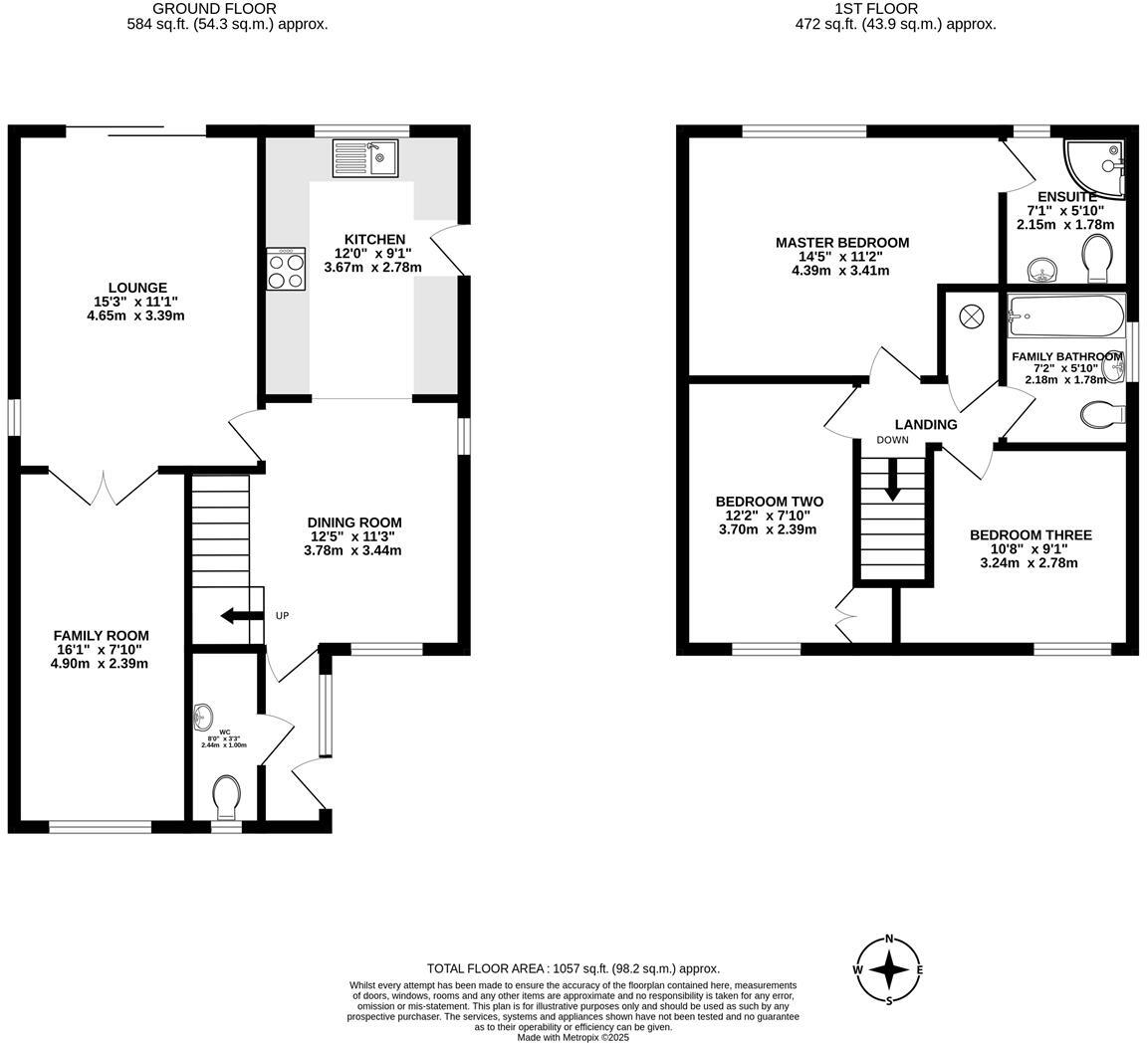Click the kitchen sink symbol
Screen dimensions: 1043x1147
pyautogui.click(x=364, y=158)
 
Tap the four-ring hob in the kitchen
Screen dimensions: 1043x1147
pyautogui.click(x=285, y=269)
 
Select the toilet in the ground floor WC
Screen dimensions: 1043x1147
pyautogui.click(x=226, y=796)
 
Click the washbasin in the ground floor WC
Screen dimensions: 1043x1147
pyautogui.click(x=203, y=716)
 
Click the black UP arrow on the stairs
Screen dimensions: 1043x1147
pyautogui.click(x=240, y=616)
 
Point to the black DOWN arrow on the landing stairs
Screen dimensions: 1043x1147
pyautogui.click(x=892, y=479)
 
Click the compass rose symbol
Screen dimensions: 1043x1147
pyautogui.click(x=889, y=969)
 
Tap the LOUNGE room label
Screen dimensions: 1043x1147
pyautogui.click(x=137, y=288)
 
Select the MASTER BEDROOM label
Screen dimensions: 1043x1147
pyautogui.click(x=841, y=243)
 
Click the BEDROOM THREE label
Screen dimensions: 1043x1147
pyautogui.click(x=1031, y=535)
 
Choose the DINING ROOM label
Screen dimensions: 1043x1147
pyautogui.click(x=353, y=522)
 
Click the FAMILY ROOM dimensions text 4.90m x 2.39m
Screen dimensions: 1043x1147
pyautogui.click(x=101, y=664)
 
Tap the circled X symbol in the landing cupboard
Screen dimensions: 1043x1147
pyautogui.click(x=971, y=316)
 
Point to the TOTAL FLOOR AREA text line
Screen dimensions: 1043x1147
pyautogui.click(x=573, y=968)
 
